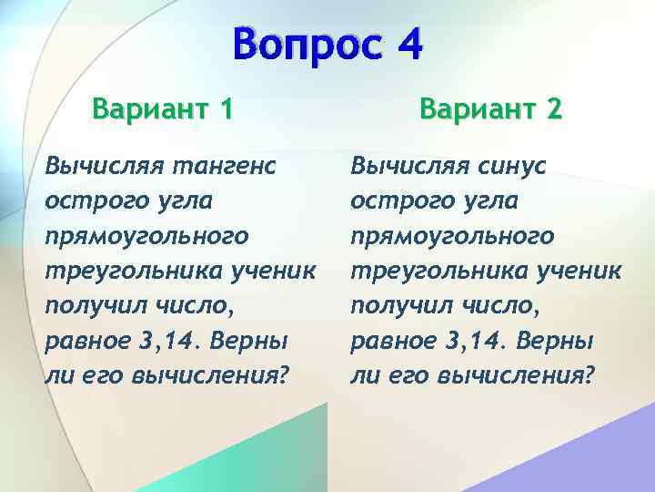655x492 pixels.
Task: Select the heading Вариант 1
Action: tap(163, 110)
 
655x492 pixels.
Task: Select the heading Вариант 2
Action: tap(491, 110)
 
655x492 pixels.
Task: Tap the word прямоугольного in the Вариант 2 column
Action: tap(452, 236)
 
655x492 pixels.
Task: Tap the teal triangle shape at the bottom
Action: tap(273, 456)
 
